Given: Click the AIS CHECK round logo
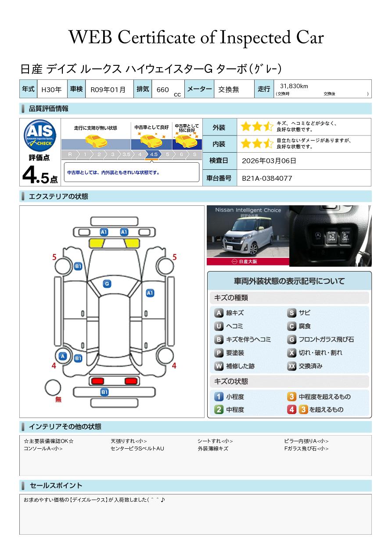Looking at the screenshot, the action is [x=40, y=135].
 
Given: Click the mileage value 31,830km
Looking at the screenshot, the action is [x=294, y=86].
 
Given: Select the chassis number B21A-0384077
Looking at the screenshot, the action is [x=267, y=179].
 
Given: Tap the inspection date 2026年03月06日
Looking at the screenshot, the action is [x=269, y=161].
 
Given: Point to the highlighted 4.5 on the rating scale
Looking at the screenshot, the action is [x=154, y=154].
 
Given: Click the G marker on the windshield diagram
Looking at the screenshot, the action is [x=107, y=284].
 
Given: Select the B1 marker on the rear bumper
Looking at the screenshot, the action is [x=104, y=392].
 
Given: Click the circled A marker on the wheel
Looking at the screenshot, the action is [x=63, y=356].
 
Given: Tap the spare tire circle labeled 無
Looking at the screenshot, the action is [x=53, y=388].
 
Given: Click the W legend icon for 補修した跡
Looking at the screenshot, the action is [x=219, y=366].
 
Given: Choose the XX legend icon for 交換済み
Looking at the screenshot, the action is [x=291, y=366].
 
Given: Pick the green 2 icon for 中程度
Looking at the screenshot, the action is [x=219, y=410].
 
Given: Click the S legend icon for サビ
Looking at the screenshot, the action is [x=291, y=313].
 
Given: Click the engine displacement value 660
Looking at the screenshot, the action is [x=162, y=89].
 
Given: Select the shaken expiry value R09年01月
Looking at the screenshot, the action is [x=108, y=89].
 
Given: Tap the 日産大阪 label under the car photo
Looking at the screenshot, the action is [x=248, y=261].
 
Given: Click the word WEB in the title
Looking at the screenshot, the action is [x=90, y=37].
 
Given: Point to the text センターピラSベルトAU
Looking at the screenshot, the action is [x=137, y=448].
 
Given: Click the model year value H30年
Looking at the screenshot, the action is [x=51, y=89].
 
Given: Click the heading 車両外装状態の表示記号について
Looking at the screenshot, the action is [x=289, y=281].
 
